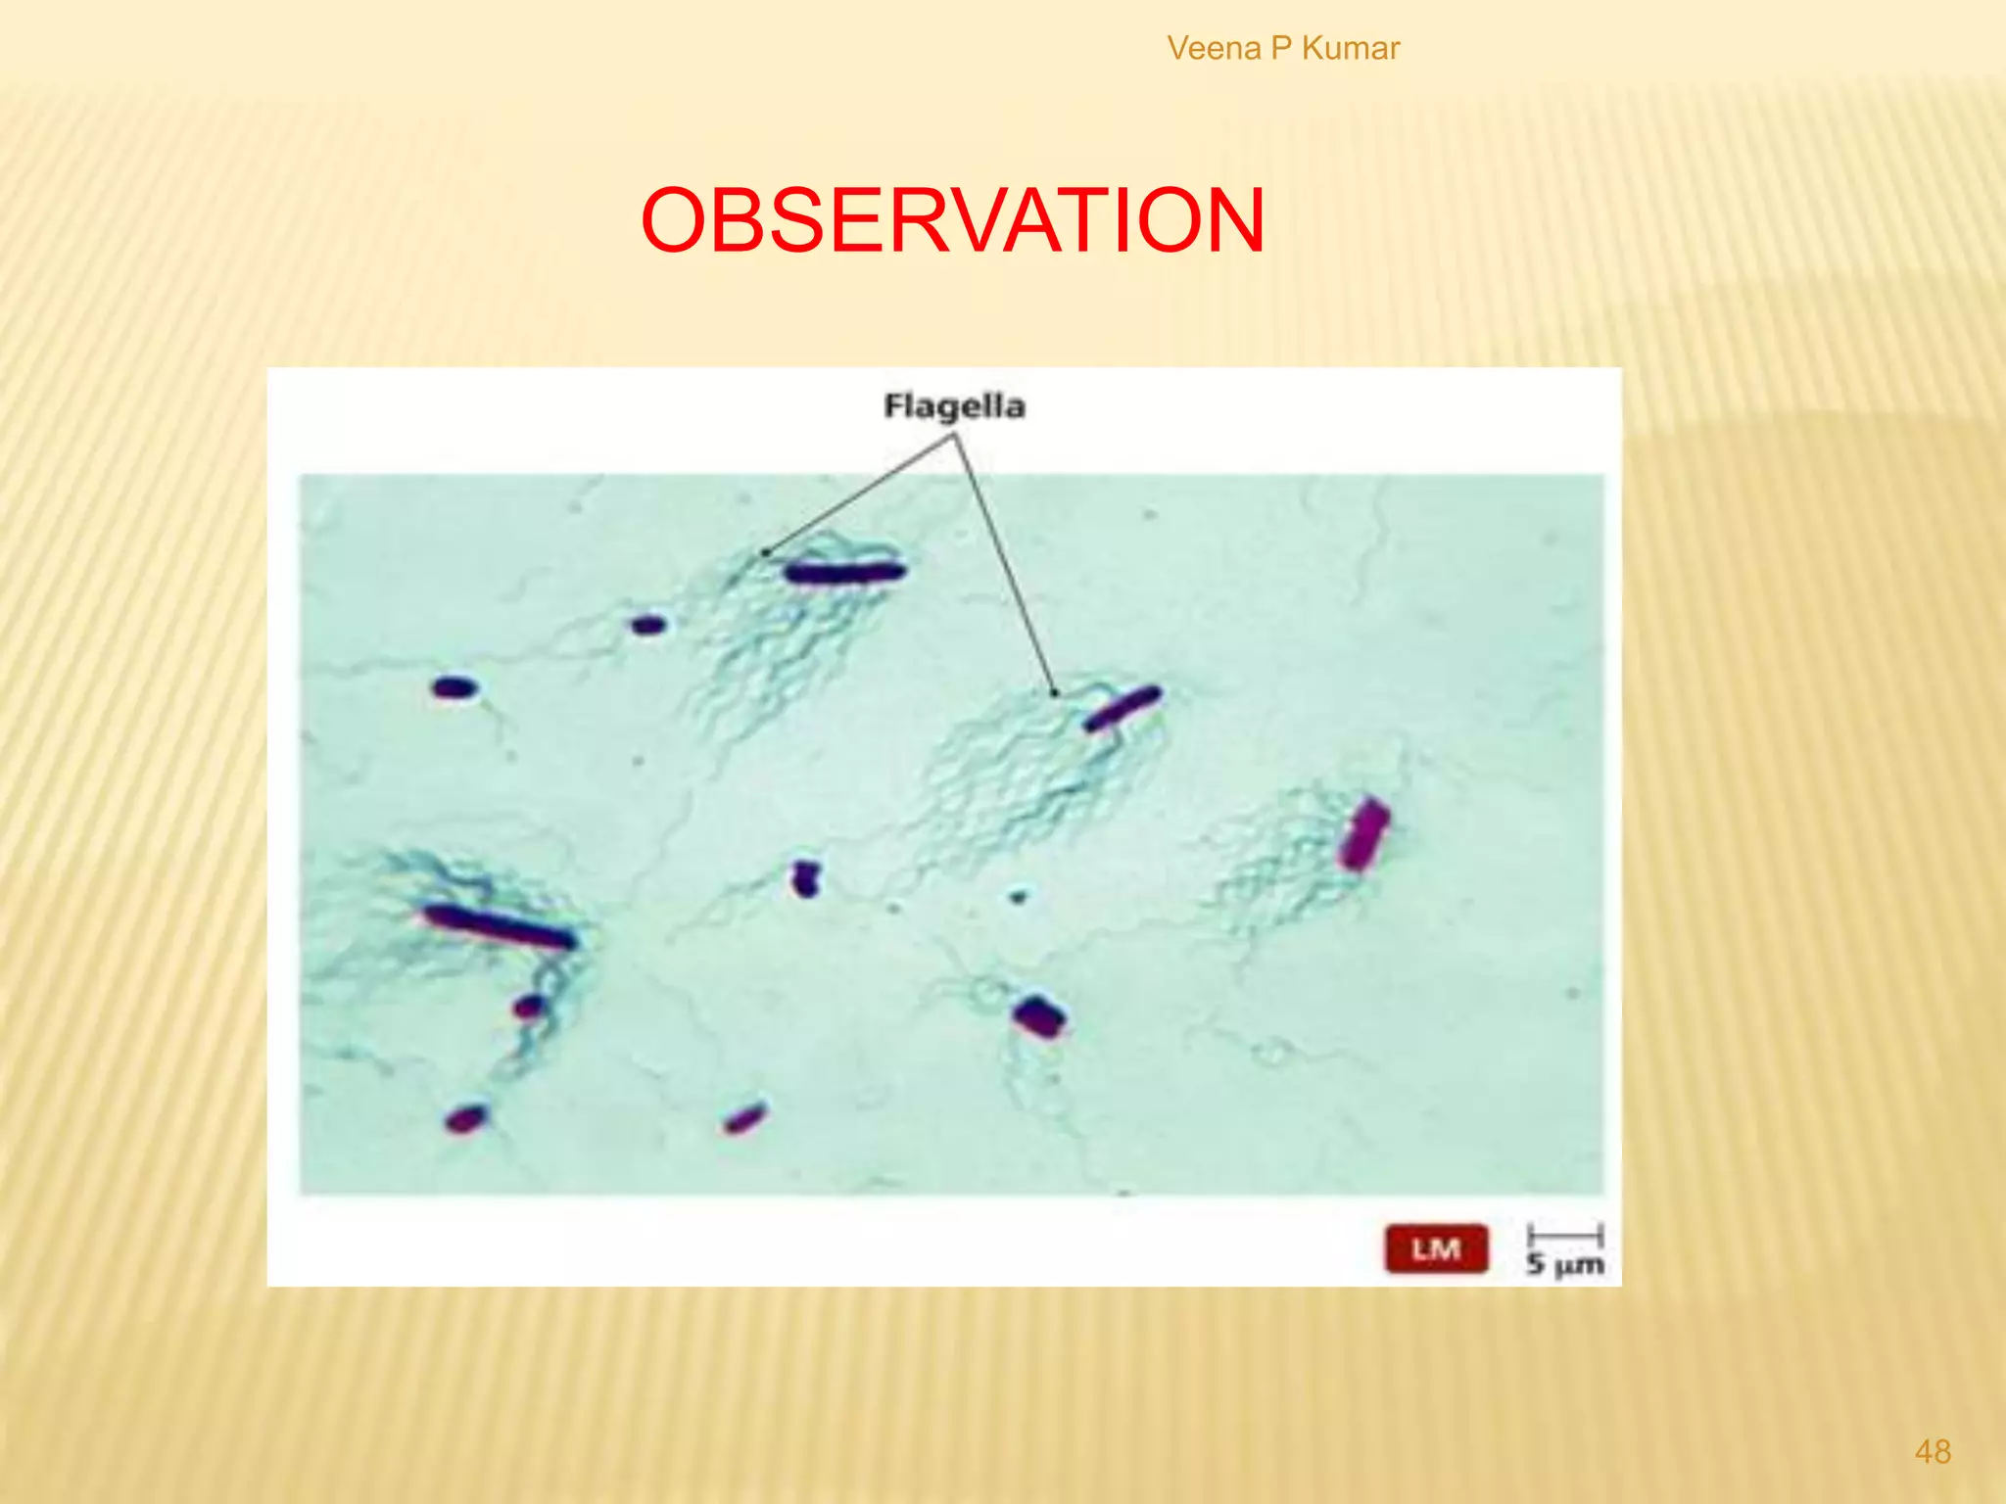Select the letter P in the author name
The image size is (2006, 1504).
click(1281, 48)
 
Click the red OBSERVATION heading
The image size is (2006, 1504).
click(952, 221)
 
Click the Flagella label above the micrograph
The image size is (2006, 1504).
click(954, 406)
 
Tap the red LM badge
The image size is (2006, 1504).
click(1436, 1249)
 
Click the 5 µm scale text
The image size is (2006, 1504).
click(1564, 1264)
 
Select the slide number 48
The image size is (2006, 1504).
click(1932, 1451)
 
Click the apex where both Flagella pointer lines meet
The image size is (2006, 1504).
click(954, 437)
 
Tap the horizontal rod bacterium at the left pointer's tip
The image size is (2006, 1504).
click(844, 572)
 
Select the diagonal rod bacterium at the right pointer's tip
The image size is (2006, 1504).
click(1122, 708)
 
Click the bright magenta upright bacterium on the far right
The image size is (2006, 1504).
click(1363, 834)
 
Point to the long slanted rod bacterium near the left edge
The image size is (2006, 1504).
click(500, 926)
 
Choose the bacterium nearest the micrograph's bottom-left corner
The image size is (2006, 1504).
click(466, 1118)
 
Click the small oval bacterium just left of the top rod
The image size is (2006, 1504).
click(647, 625)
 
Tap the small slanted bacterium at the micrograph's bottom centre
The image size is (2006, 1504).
click(744, 1118)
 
